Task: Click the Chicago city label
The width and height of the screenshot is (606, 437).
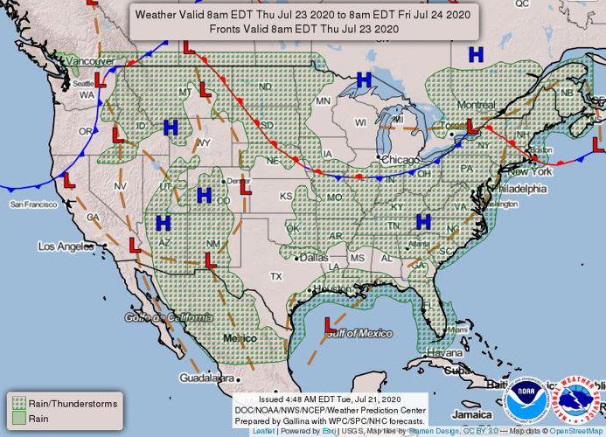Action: [x=401, y=160]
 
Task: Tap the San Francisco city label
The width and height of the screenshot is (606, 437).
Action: [x=34, y=204]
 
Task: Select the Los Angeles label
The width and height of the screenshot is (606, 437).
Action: [x=65, y=246]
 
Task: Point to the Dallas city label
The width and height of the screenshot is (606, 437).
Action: [x=313, y=258]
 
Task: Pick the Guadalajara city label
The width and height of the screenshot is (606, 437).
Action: [x=207, y=378]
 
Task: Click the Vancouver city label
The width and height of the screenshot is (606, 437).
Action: [x=91, y=61]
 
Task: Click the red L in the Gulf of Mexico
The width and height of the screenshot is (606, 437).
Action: [x=330, y=325]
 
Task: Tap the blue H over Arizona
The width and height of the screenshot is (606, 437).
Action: [x=164, y=223]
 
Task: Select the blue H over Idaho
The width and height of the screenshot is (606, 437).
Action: [x=171, y=128]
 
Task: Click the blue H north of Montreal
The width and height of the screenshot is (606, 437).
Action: [x=476, y=55]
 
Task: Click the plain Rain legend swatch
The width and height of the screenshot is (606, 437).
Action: [x=17, y=419]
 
